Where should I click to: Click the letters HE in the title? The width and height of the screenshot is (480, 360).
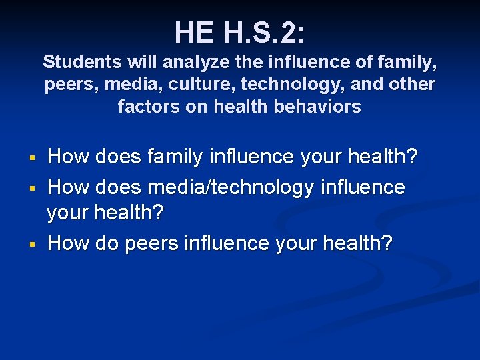pos(195,31)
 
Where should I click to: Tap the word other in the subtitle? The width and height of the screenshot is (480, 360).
pos(414,85)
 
